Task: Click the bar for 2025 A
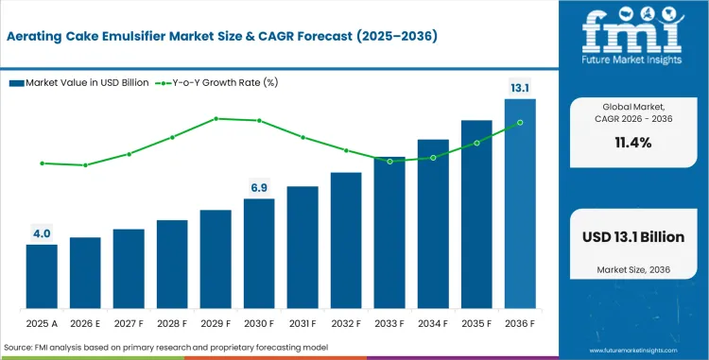[42, 276]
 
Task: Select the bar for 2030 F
[259, 253]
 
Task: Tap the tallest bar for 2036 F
[519, 203]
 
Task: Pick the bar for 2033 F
[389, 232]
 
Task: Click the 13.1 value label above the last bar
[519, 88]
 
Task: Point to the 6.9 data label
[259, 187]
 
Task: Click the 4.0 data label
[42, 233]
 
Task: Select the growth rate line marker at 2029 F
[216, 118]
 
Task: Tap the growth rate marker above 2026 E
[85, 165]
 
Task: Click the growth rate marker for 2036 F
[519, 122]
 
